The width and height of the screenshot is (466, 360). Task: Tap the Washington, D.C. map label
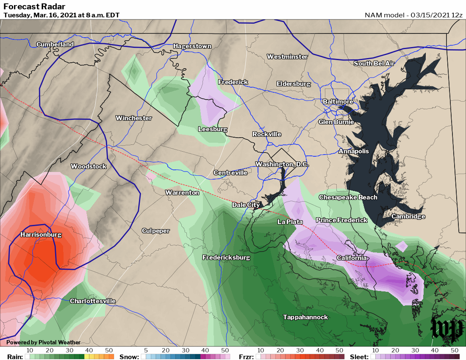tap(282, 164)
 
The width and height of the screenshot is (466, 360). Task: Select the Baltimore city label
tap(338, 102)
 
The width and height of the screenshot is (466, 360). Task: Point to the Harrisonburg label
tap(41, 235)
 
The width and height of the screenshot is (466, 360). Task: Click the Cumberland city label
tap(55, 44)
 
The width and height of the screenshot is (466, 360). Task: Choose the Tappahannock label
tap(305, 317)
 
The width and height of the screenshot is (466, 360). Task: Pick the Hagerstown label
tap(192, 46)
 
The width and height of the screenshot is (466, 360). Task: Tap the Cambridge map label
tap(408, 216)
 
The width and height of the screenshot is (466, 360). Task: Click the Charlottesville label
tap(92, 301)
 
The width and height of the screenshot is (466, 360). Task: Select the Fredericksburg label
tap(226, 258)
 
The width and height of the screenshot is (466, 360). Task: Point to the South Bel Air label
tap(374, 64)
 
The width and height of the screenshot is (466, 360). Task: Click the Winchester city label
tap(133, 118)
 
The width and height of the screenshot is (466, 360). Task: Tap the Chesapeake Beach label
tap(348, 197)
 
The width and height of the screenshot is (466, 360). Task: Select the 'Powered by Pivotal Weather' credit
tap(43, 342)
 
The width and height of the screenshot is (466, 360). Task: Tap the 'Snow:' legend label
tap(129, 357)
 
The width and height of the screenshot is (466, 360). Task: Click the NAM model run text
tap(413, 15)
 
